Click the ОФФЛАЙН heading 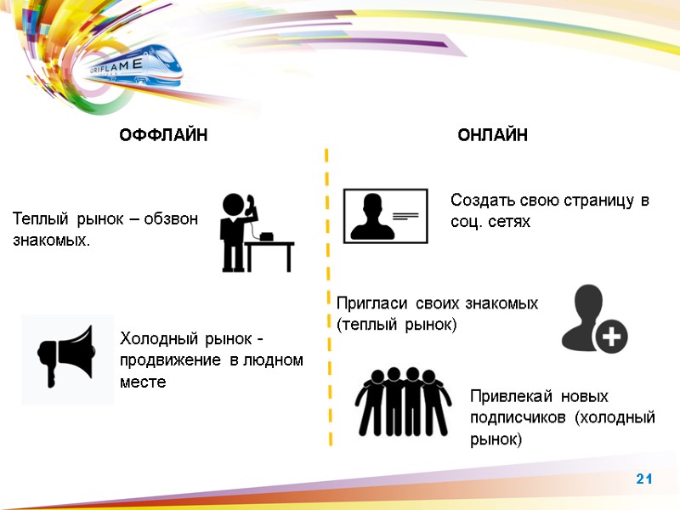tap(162, 136)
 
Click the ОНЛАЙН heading tap(492, 136)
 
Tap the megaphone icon tap(67, 358)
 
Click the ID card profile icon tap(385, 216)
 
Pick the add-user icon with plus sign tap(593, 319)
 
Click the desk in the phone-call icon tap(270, 253)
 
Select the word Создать tap(479, 201)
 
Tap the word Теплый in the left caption tap(38, 220)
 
